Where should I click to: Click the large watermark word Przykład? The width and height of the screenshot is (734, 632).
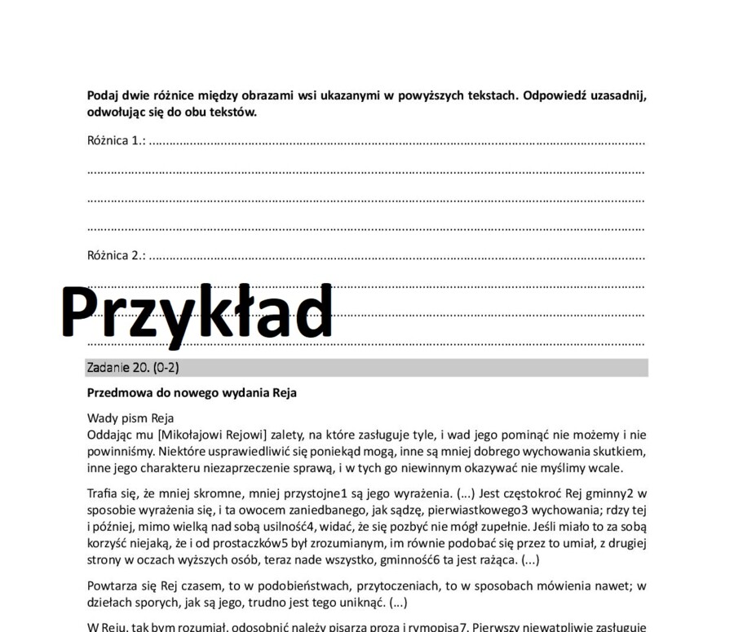pos(197,312)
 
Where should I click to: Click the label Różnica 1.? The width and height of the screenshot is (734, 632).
pos(116,140)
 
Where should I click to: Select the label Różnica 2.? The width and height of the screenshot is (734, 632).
pos(116,255)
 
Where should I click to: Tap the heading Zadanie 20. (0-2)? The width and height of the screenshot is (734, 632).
pos(133,368)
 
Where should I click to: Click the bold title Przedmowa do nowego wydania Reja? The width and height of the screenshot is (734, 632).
pos(192,393)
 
